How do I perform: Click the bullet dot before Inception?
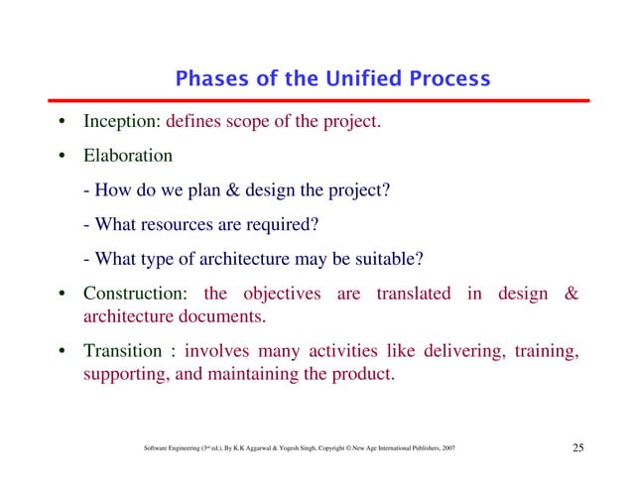(62, 124)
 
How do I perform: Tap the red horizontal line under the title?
(316, 101)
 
